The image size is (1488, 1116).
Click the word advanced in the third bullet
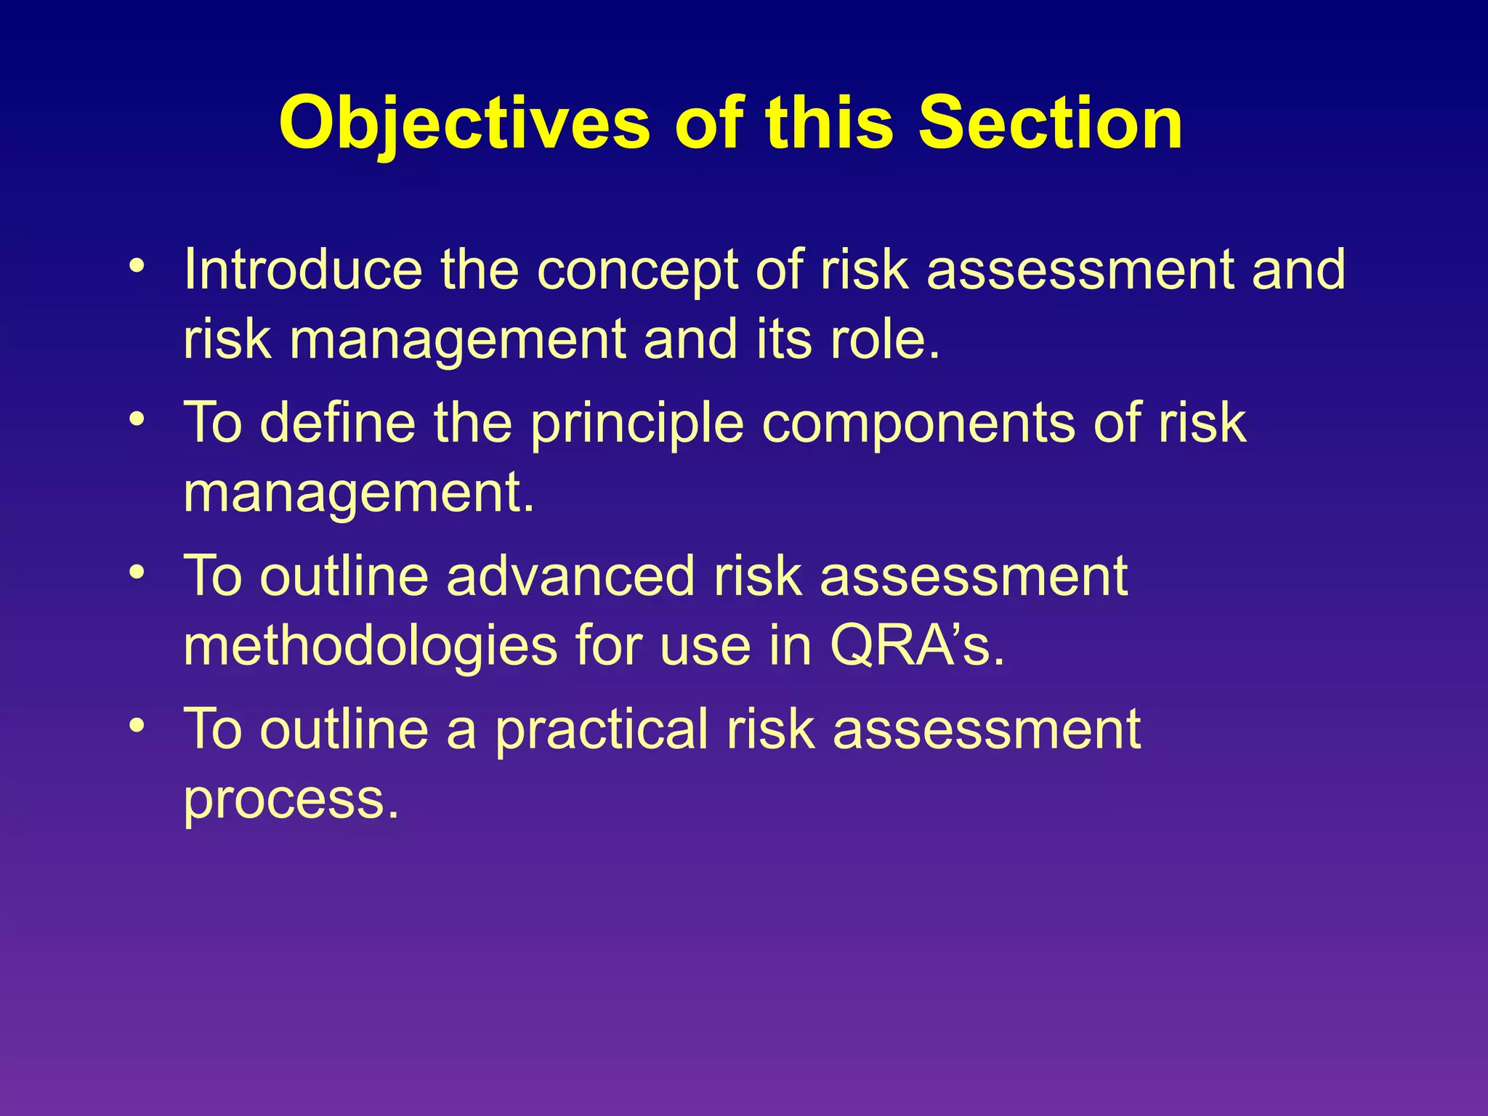click(x=570, y=576)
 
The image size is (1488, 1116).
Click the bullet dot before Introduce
click(x=135, y=264)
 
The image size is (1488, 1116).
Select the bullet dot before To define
click(x=135, y=418)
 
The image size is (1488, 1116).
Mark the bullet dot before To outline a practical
click(x=135, y=725)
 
